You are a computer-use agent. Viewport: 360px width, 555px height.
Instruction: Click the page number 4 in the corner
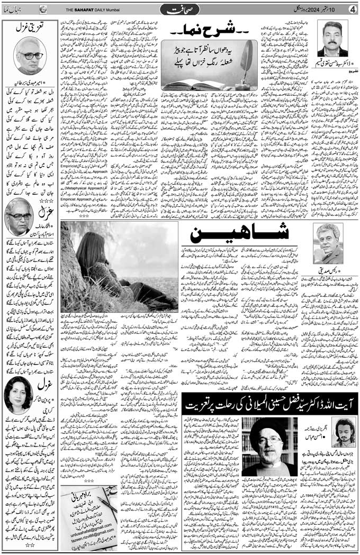point(353,8)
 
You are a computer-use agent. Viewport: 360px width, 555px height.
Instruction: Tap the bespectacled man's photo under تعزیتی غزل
point(29,55)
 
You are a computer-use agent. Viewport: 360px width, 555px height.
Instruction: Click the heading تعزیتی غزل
point(29,29)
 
